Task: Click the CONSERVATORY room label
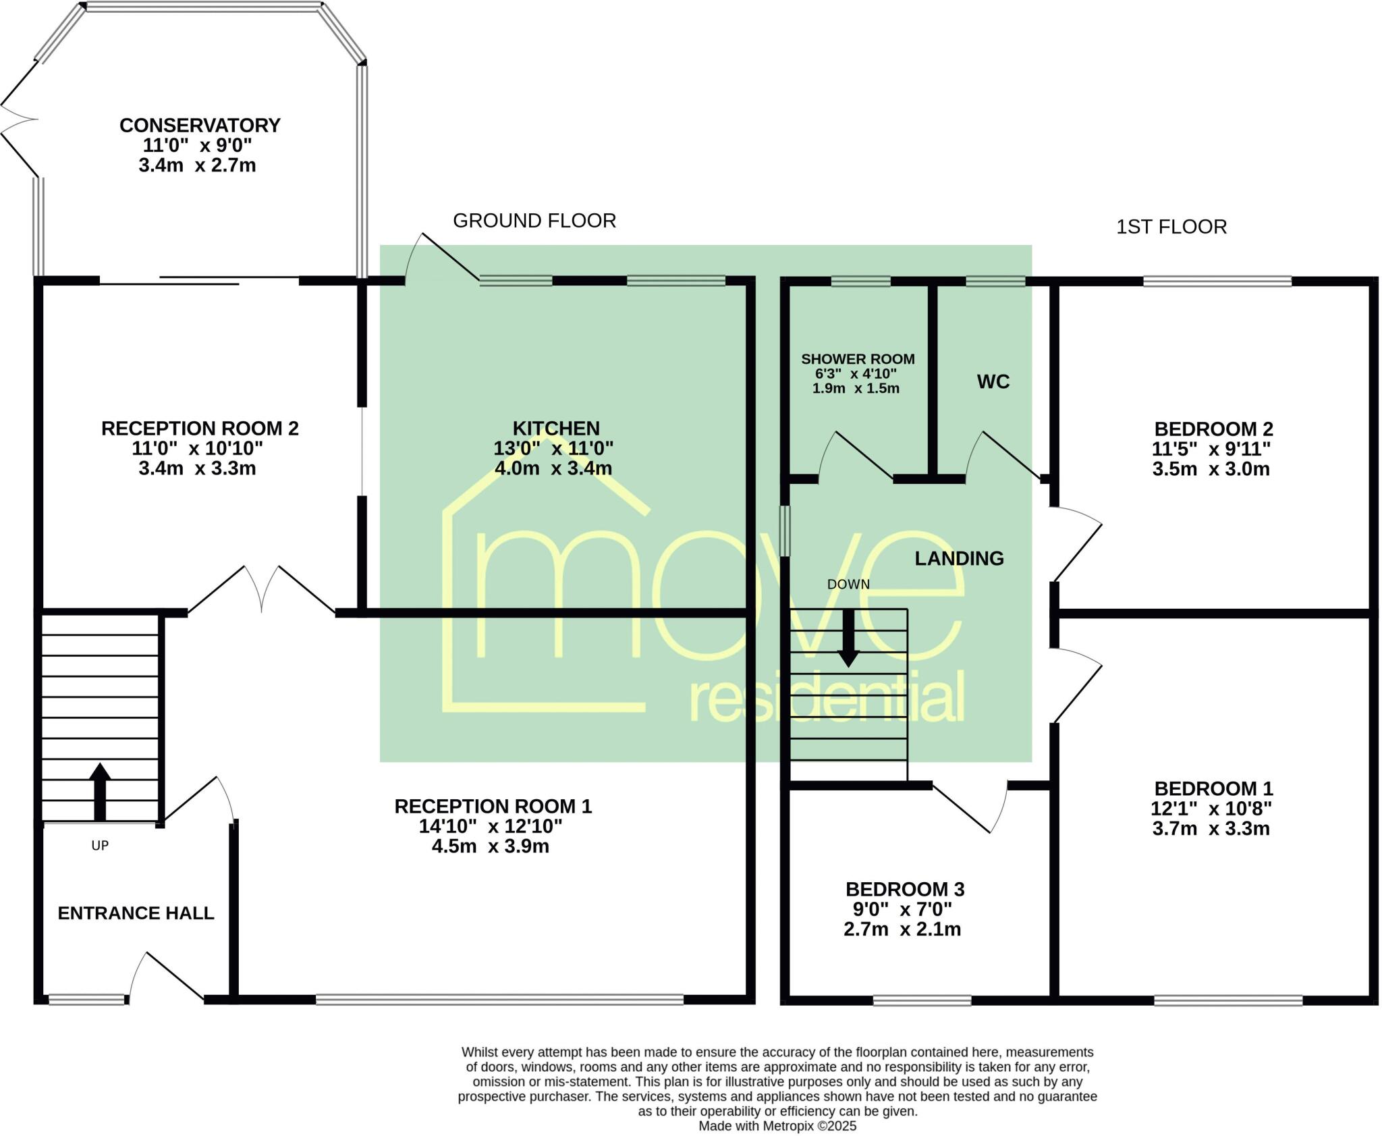pyautogui.click(x=200, y=126)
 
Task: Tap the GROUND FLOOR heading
pyautogui.click(x=534, y=221)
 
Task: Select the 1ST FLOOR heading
pyautogui.click(x=1171, y=227)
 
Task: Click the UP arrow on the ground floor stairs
pyautogui.click(x=100, y=790)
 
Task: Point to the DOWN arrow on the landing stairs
pyautogui.click(x=848, y=638)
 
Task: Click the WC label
pyautogui.click(x=993, y=382)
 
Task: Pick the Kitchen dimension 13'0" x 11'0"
pyautogui.click(x=553, y=448)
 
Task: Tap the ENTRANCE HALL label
pyautogui.click(x=136, y=913)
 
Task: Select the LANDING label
pyautogui.click(x=959, y=558)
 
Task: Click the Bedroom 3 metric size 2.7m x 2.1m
pyautogui.click(x=902, y=929)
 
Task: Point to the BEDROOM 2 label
pyautogui.click(x=1213, y=429)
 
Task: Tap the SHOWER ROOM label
pyautogui.click(x=858, y=359)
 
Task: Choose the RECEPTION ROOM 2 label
pyautogui.click(x=200, y=429)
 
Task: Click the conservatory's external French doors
pyautogui.click(x=19, y=119)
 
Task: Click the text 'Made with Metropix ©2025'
pyautogui.click(x=777, y=1126)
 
